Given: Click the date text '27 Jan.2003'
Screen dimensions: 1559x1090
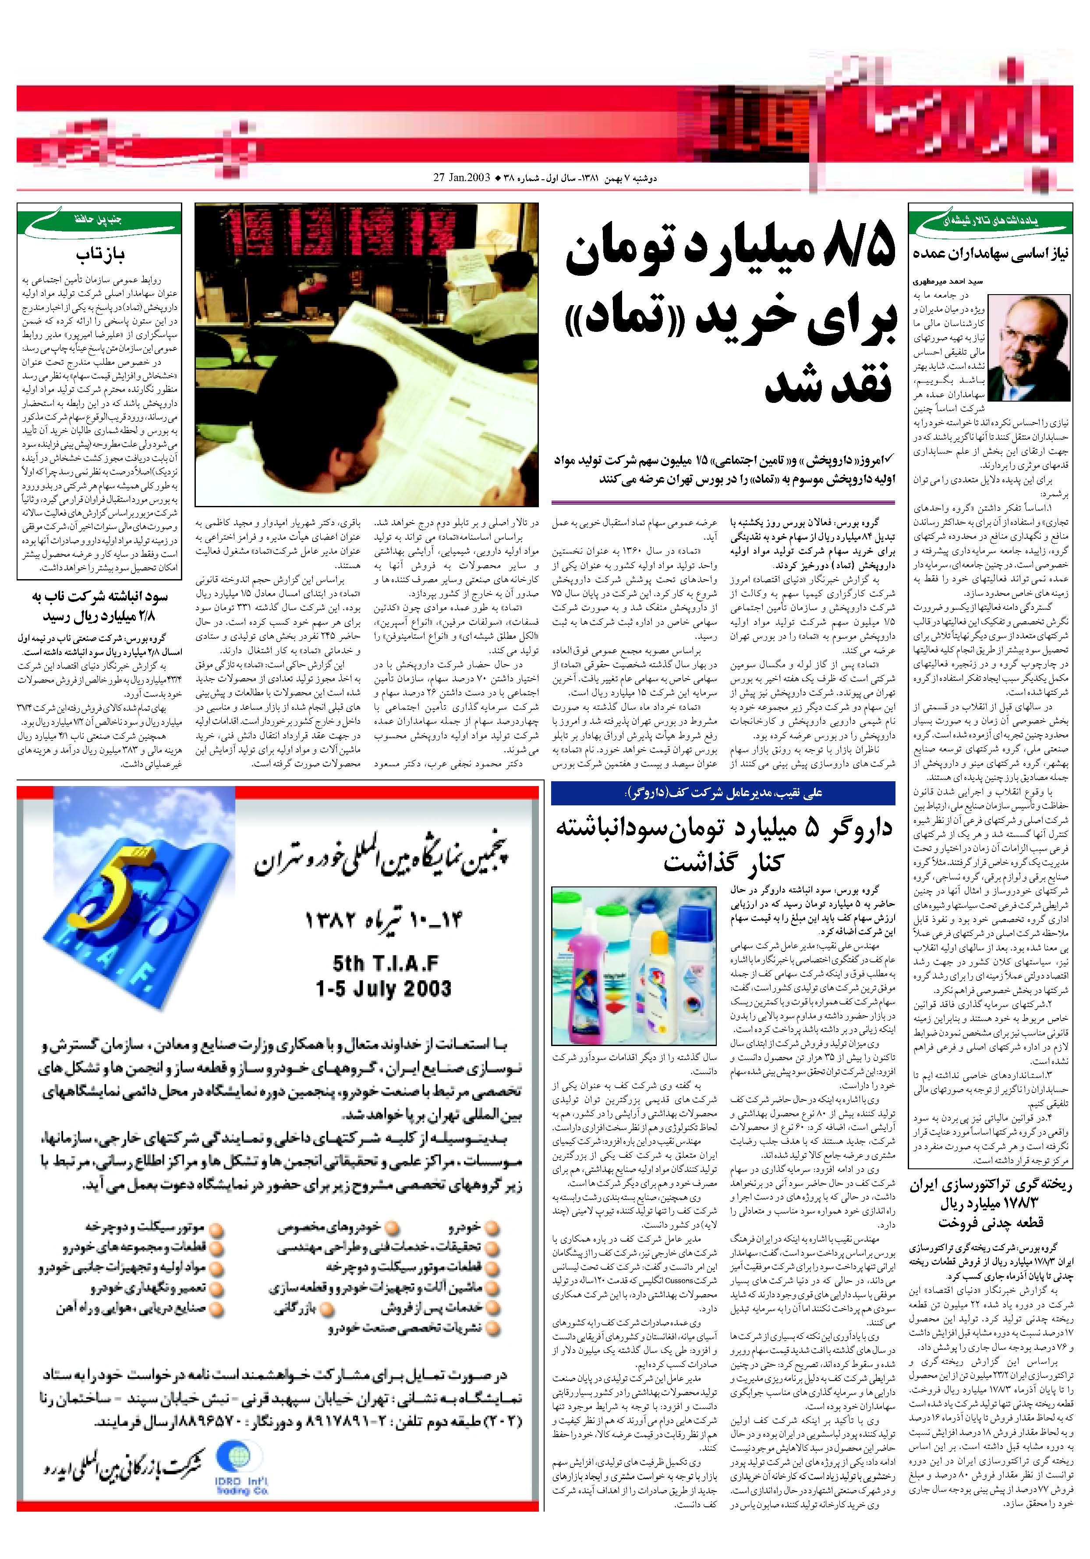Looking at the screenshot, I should pos(461,178).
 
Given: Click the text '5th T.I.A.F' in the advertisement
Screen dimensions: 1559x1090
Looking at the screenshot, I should pos(386,964).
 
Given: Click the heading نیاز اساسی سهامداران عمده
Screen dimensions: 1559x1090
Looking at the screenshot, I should pos(991,254).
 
